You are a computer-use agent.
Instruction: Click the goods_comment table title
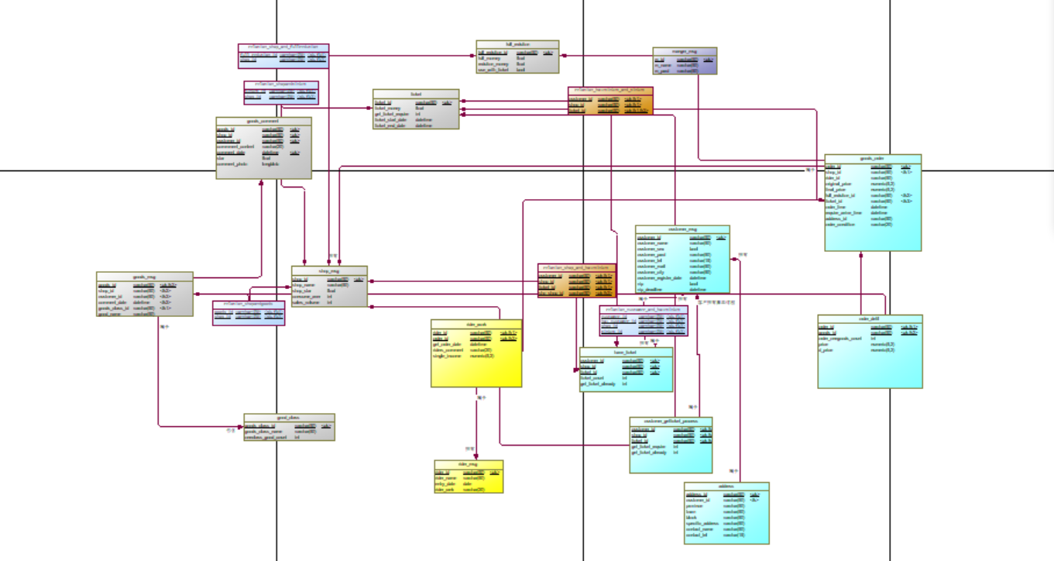click(x=263, y=121)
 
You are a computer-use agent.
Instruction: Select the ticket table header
click(x=416, y=92)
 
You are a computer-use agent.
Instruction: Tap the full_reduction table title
click(x=517, y=44)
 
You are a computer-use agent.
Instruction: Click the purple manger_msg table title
click(x=685, y=50)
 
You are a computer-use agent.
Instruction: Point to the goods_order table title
click(x=873, y=157)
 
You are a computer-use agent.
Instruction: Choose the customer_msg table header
click(x=682, y=229)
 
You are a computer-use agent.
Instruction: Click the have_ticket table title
click(x=626, y=351)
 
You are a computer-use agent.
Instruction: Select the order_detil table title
click(x=870, y=318)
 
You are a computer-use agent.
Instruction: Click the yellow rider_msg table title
click(x=469, y=463)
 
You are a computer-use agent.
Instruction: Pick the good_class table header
click(x=289, y=417)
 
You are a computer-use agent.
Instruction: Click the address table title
click(x=726, y=486)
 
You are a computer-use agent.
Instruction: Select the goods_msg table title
click(x=144, y=276)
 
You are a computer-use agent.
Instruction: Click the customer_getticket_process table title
click(x=671, y=421)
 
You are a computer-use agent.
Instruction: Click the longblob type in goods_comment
click(x=270, y=163)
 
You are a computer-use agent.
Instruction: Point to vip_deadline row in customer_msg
click(x=653, y=289)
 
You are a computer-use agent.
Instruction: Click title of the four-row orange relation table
click(x=577, y=267)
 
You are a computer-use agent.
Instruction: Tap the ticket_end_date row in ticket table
click(x=392, y=125)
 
